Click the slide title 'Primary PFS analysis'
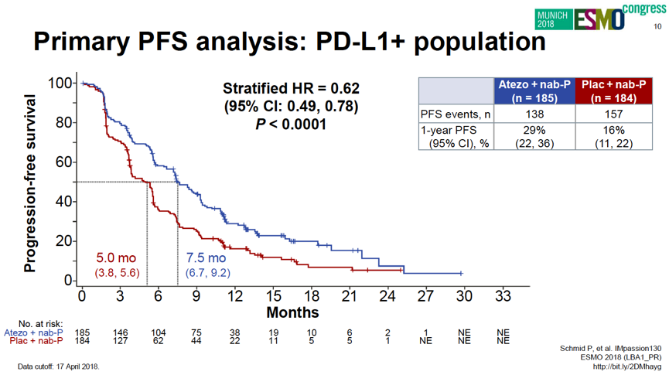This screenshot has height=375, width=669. click(289, 41)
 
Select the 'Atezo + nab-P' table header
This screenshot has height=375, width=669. click(534, 91)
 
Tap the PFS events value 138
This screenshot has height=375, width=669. click(534, 114)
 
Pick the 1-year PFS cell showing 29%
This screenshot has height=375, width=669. click(534, 131)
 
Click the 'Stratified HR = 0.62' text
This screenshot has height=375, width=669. click(291, 88)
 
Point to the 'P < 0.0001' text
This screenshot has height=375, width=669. click(291, 124)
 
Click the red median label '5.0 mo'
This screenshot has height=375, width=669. click(117, 258)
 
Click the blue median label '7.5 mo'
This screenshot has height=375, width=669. click(206, 258)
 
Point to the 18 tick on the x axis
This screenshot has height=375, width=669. click(311, 296)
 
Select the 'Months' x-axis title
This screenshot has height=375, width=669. click(292, 312)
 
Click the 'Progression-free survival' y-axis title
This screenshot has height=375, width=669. click(29, 183)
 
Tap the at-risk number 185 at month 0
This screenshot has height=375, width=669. click(82, 332)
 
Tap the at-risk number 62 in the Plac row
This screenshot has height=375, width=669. click(159, 340)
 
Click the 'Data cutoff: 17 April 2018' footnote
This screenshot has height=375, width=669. click(58, 366)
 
